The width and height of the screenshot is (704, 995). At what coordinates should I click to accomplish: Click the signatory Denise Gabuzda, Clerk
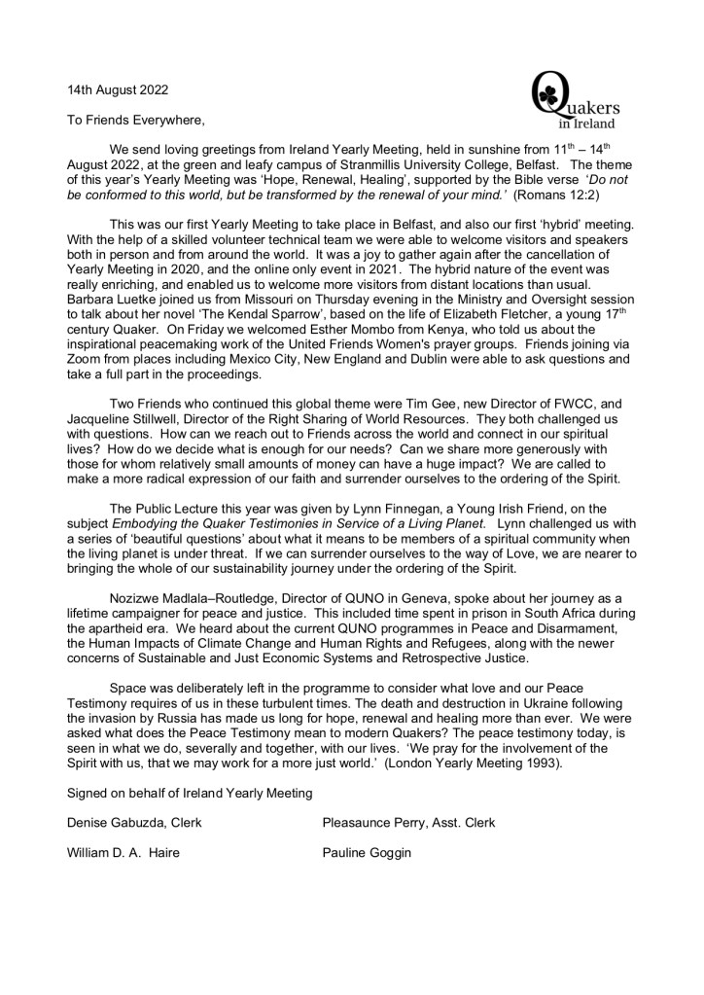pos(134,823)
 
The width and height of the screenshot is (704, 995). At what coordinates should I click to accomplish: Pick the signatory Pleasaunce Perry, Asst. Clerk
pos(408,823)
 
